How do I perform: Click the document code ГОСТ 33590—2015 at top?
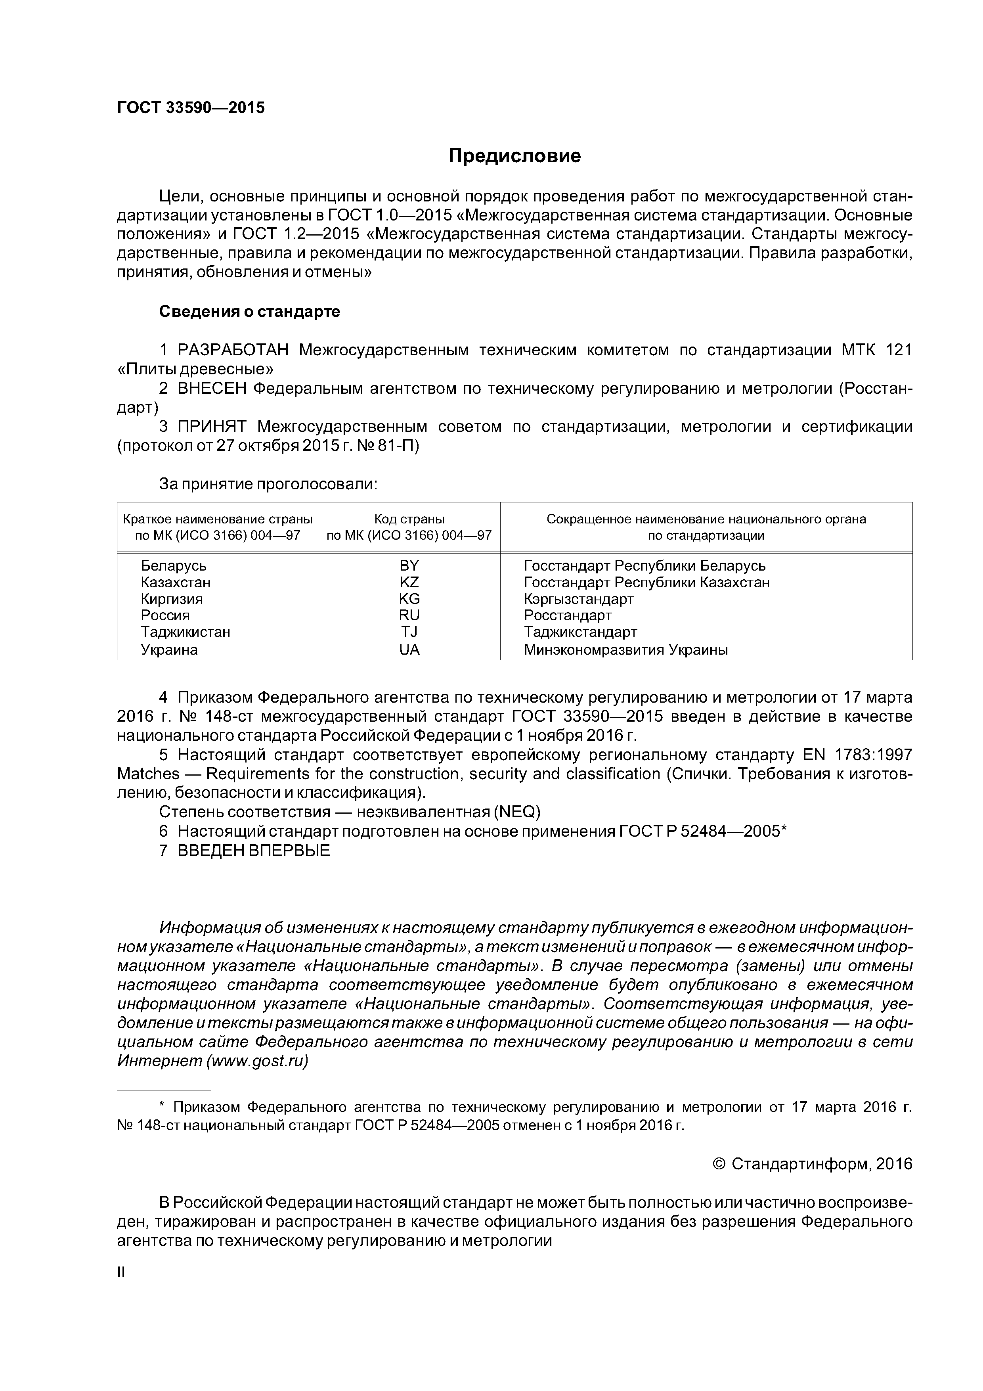[191, 108]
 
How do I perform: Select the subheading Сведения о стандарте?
[250, 311]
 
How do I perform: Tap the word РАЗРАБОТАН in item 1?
[233, 350]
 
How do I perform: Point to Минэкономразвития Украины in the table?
[625, 650]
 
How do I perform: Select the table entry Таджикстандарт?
[580, 632]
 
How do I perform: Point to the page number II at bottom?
[120, 1272]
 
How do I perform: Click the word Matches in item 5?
[148, 774]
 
